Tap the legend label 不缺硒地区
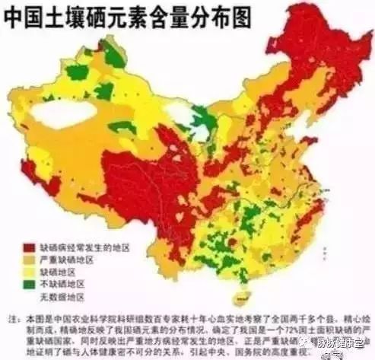pos(60,284)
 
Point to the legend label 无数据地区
pos(60,296)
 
